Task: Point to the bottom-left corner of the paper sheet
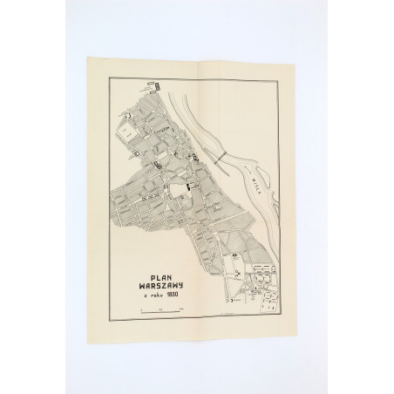pos(89,332)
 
